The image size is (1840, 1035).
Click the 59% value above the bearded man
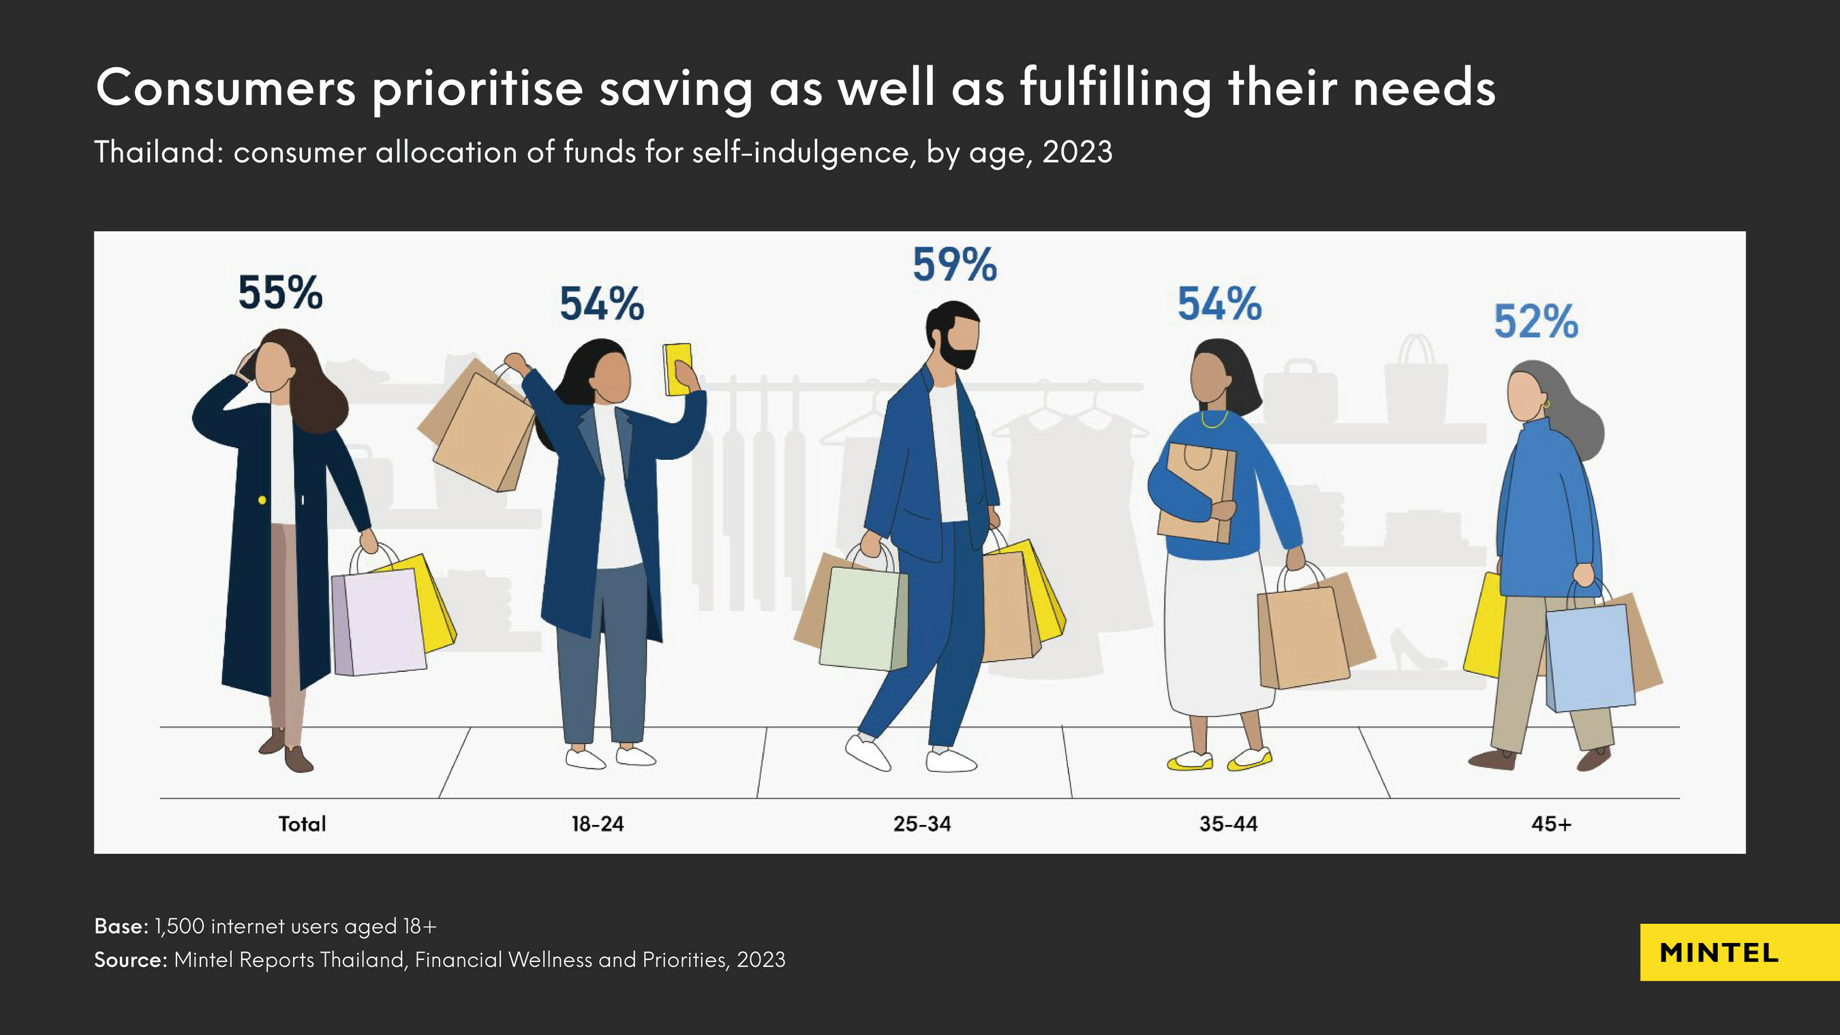[954, 265]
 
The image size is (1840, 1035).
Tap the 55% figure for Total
[280, 294]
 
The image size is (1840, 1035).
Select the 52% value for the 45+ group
[1535, 322]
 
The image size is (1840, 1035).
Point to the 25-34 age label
[921, 824]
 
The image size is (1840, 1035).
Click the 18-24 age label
[597, 824]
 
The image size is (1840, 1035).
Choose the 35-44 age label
[1228, 824]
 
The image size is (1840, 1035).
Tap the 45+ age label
[1551, 824]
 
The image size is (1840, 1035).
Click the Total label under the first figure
[302, 824]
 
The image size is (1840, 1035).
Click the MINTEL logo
[1719, 953]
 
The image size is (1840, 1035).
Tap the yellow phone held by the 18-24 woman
[677, 369]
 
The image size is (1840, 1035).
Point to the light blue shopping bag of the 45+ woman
[1590, 657]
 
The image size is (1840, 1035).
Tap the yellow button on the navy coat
[262, 500]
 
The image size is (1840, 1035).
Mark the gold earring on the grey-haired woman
[1546, 404]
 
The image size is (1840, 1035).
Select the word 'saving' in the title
[675, 89]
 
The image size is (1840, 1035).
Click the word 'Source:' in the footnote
[130, 959]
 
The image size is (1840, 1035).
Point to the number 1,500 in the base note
[179, 927]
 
